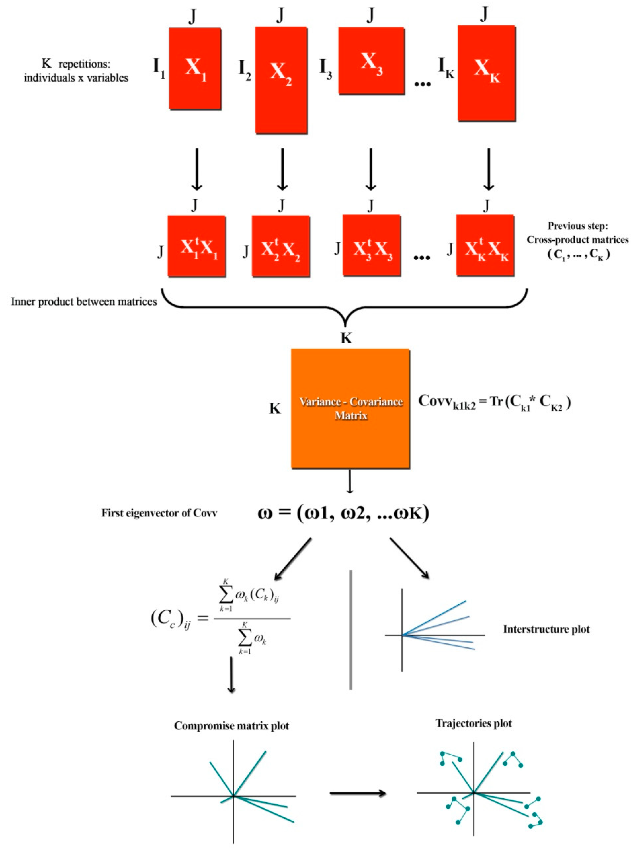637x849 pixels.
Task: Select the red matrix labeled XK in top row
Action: (x=486, y=73)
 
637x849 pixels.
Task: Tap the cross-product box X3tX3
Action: (x=371, y=245)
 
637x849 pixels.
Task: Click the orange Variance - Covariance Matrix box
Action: (x=350, y=408)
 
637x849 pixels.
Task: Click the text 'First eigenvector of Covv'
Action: (x=159, y=513)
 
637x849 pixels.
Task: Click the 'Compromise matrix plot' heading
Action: (x=231, y=726)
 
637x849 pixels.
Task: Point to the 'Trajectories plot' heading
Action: (x=473, y=723)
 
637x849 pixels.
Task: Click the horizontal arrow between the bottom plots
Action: (x=357, y=793)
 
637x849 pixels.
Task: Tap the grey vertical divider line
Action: (x=351, y=630)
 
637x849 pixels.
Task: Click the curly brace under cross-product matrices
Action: (x=345, y=307)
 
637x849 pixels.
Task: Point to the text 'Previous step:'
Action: (x=578, y=226)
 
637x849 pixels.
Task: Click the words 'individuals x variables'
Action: (x=76, y=78)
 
